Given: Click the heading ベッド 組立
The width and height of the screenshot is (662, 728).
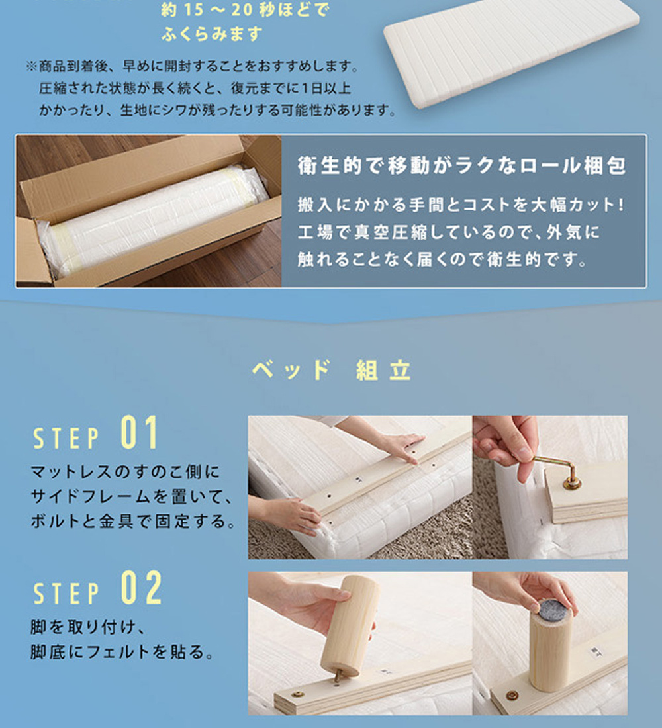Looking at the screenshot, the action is (x=331, y=370).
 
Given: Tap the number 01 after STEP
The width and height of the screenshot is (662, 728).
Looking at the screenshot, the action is (x=139, y=432).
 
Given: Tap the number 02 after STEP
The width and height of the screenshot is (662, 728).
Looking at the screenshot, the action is (x=141, y=588).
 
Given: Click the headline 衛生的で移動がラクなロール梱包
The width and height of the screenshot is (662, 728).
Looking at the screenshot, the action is (x=462, y=165).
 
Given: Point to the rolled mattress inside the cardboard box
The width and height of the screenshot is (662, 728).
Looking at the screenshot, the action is (x=154, y=218).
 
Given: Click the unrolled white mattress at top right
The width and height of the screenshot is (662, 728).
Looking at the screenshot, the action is (x=511, y=51).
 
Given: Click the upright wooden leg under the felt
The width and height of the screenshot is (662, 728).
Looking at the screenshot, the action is (x=549, y=650).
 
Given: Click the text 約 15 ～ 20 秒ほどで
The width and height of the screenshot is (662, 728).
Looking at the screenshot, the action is (x=245, y=10).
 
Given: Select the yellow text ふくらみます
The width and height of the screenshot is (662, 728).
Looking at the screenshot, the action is (x=212, y=34).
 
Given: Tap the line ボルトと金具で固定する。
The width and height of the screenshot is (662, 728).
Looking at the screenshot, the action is (x=134, y=521).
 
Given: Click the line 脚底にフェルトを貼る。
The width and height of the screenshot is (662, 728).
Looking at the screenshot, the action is (x=122, y=652).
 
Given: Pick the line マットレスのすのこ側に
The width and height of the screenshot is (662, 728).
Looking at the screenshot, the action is (x=125, y=472).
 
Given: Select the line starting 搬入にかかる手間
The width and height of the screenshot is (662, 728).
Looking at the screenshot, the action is (x=461, y=205).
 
